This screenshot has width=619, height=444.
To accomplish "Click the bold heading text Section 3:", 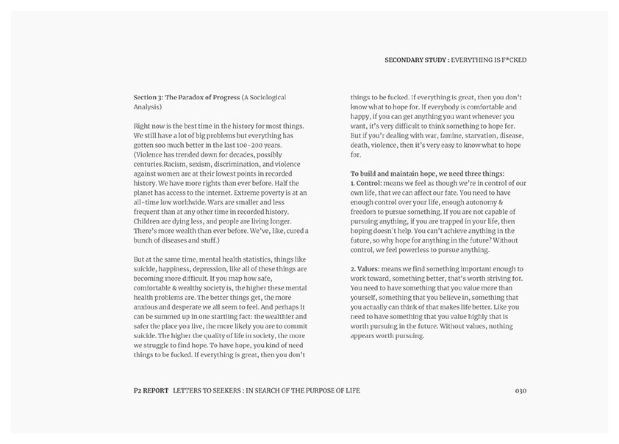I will point(151,97).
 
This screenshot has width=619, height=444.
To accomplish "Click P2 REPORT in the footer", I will point(146,390).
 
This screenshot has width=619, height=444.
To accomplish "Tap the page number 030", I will point(520,390).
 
